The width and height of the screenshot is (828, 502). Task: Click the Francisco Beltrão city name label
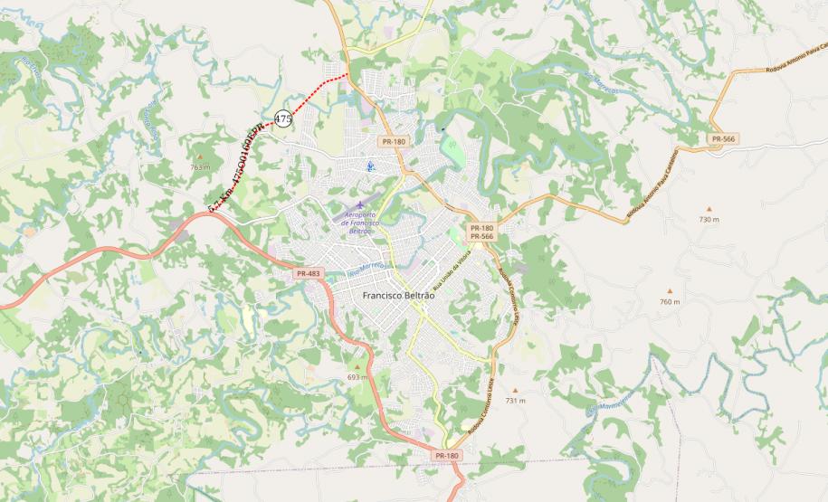pos(398,296)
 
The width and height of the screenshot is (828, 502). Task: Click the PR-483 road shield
pos(309,273)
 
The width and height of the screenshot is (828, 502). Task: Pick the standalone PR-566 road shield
pos(723,138)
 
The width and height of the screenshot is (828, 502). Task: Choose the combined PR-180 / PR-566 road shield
pos(481,232)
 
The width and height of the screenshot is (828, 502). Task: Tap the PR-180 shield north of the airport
pos(394,141)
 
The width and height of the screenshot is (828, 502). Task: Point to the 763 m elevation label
pos(200,167)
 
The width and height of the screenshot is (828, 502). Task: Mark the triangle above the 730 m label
pos(709,208)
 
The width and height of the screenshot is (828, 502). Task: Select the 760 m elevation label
pos(670,301)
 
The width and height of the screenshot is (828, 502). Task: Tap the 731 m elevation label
pos(515,400)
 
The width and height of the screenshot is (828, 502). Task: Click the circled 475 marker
pos(283,118)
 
